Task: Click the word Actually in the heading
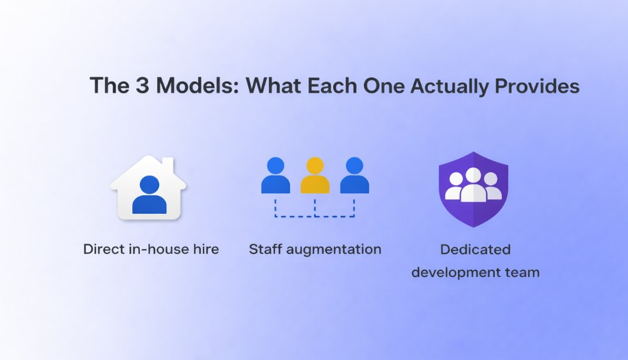coord(450,86)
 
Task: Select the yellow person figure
coord(315,176)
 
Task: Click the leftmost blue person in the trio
coord(276,176)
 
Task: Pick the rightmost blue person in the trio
coord(354,176)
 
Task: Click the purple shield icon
coord(473,189)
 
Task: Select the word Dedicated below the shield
coord(475,250)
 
